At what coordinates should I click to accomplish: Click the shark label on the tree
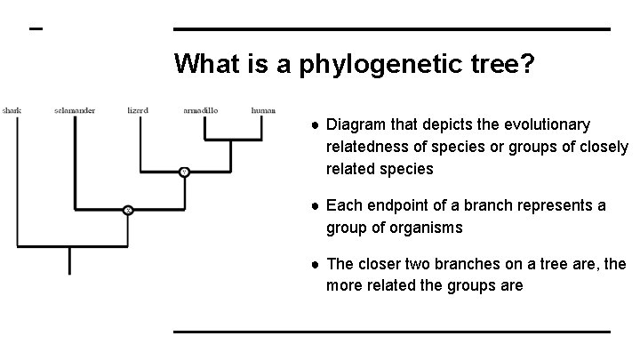coord(12,110)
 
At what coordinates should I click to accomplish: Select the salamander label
coord(74,110)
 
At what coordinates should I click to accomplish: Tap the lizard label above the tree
coord(138,110)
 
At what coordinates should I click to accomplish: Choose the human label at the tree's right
coord(263,110)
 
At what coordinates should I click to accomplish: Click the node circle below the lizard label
coord(184,172)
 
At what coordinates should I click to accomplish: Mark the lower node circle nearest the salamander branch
coord(128,210)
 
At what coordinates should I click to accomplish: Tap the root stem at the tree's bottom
coord(69,260)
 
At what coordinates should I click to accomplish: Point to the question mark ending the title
coord(527,64)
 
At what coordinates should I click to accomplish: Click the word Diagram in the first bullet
coord(356,124)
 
